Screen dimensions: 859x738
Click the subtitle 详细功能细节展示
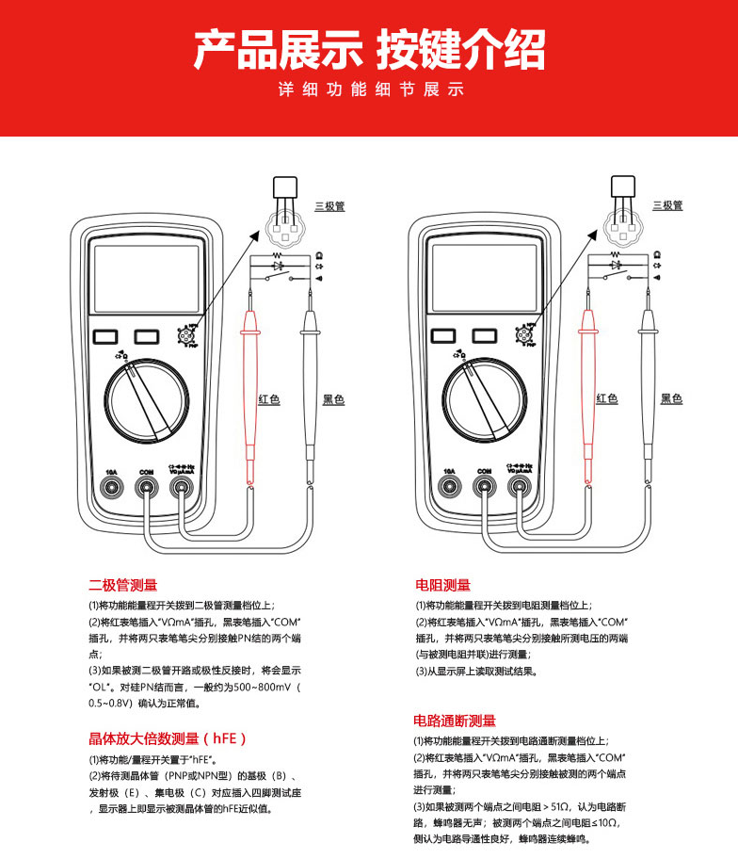pyautogui.click(x=369, y=91)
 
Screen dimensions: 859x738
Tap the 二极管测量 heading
pyautogui.click(x=123, y=585)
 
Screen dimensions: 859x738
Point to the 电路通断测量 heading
pyautogui.click(x=455, y=721)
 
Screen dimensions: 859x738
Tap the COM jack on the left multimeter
pyautogui.click(x=146, y=486)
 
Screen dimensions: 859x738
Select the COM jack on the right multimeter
pyautogui.click(x=485, y=486)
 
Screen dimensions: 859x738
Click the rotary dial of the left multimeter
pyautogui.click(x=146, y=399)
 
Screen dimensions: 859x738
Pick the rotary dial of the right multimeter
pyautogui.click(x=485, y=399)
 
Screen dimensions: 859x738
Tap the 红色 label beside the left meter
pyautogui.click(x=269, y=399)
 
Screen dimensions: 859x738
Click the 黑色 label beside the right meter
pyautogui.click(x=671, y=399)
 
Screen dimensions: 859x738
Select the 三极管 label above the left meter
pyautogui.click(x=328, y=204)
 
